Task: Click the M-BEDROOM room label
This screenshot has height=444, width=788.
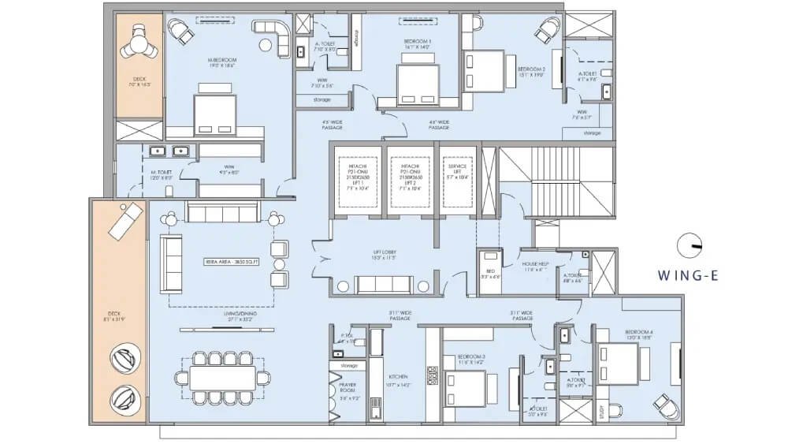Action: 222,62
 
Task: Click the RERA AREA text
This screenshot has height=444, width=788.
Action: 223,260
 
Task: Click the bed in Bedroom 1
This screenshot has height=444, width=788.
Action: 415,84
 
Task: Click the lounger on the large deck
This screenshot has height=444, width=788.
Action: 125,221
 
